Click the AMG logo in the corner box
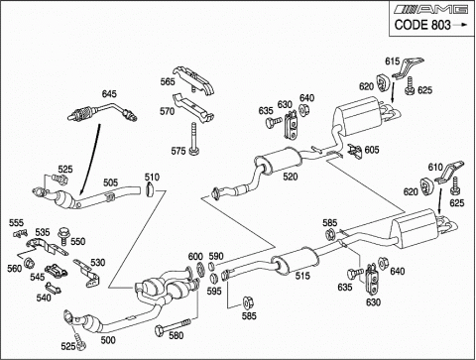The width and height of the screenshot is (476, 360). pos(432,9)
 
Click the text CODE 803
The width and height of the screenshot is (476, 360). pos(422,25)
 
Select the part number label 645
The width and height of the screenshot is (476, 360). pos(109,94)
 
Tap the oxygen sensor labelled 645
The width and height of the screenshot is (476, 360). pos(102,111)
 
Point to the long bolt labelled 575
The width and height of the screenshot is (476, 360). pos(194,139)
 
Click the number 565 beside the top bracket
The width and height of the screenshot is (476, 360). pos(168,81)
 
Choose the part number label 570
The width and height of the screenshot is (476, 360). pos(167,111)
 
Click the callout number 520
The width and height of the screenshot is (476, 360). pos(290,177)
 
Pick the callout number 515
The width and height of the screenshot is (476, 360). pos(302,276)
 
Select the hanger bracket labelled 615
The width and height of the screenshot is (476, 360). pos(408,68)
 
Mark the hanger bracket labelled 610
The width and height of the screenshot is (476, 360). pos(449,173)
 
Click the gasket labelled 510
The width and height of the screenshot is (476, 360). pos(150,189)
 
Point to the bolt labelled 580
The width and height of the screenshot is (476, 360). pos(173,325)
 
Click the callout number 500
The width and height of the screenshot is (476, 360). pos(108,340)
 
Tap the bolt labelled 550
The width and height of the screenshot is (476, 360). pos(63,235)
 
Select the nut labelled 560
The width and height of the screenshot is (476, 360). pos(29,263)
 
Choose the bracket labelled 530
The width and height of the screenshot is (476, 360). pos(87,274)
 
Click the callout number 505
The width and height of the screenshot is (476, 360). pos(110,182)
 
